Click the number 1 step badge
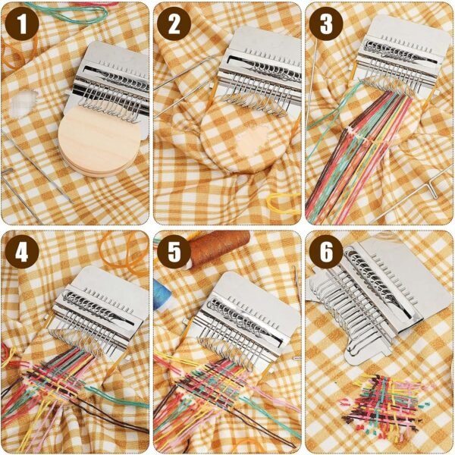[x=22, y=24]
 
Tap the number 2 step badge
[x=174, y=24]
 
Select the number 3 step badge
[x=326, y=24]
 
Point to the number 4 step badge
[x=22, y=252]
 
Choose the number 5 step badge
[x=174, y=252]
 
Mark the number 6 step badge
[x=326, y=252]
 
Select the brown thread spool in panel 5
[x=219, y=249]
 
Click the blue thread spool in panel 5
[x=162, y=293]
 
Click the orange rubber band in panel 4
[x=124, y=252]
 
